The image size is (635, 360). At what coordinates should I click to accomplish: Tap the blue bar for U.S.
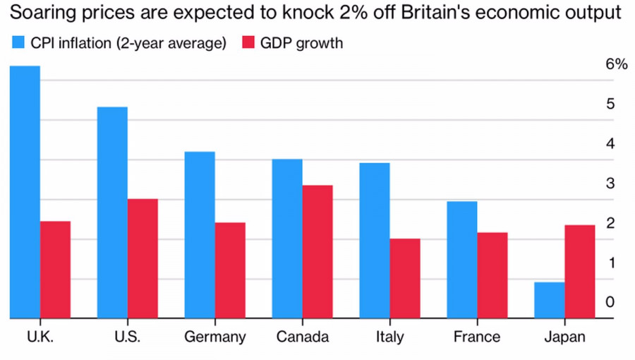click(x=112, y=212)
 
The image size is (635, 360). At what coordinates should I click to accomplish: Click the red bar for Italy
click(x=405, y=279)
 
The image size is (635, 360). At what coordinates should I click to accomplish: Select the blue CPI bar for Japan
click(x=549, y=301)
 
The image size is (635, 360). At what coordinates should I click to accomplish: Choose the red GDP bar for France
click(x=492, y=275)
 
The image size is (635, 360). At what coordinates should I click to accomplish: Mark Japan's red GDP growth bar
click(x=579, y=272)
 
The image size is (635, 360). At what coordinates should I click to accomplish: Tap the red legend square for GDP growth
click(x=247, y=43)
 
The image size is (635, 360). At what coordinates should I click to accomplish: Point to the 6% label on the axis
click(x=616, y=64)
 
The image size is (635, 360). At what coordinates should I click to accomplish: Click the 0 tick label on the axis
click(x=610, y=302)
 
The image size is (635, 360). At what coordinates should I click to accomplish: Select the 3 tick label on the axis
click(x=610, y=183)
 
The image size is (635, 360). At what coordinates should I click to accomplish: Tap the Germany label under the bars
click(x=214, y=337)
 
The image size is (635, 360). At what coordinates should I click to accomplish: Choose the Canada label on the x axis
click(x=302, y=337)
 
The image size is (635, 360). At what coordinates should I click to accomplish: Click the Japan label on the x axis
click(x=564, y=337)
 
